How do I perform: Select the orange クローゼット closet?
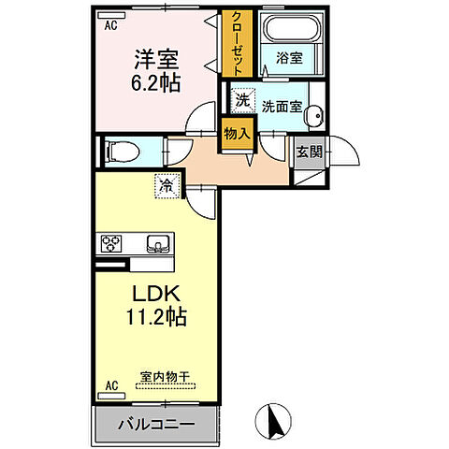237,45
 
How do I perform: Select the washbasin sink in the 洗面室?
315,115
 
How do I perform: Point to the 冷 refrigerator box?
167,186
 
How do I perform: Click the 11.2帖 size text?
155,317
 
